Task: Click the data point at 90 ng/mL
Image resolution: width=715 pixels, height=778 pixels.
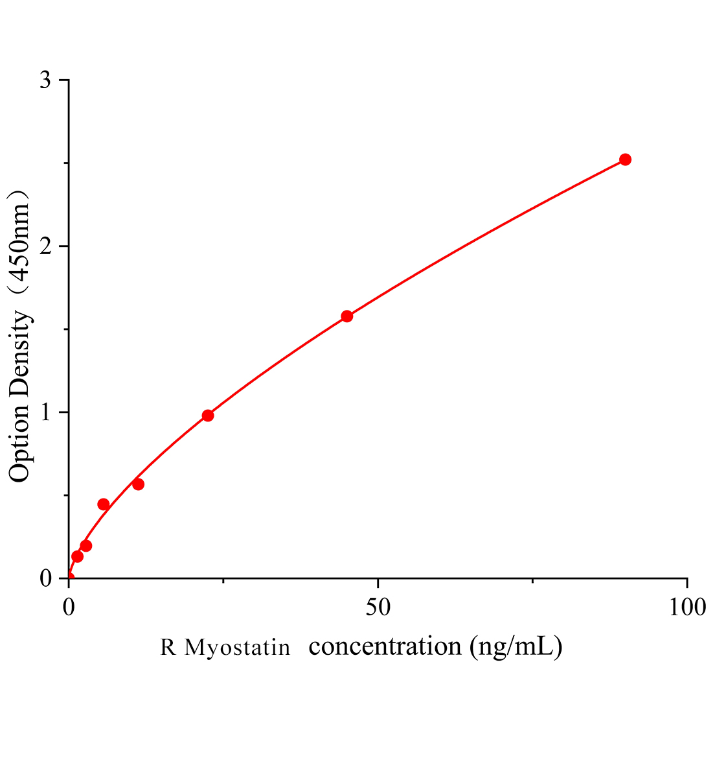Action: coord(625,159)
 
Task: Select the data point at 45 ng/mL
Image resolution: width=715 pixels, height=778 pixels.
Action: coord(346,316)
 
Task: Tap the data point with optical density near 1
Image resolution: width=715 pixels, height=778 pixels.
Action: coord(208,416)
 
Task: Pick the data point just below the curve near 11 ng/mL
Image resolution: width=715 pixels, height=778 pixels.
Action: coord(138,484)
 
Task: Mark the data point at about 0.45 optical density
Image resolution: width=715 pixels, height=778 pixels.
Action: coord(104,504)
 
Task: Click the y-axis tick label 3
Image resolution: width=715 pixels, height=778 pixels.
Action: coord(46,80)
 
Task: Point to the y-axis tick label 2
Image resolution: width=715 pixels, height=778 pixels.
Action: coord(46,246)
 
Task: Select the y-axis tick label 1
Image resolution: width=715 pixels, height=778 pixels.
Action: coord(46,412)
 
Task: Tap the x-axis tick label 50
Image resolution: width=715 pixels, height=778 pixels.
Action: coord(378,607)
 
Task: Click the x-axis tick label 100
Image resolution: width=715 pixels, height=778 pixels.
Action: coord(685,607)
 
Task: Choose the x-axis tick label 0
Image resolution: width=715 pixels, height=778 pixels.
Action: coord(69,607)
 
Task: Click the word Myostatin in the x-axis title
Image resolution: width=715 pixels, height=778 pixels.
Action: coord(237,648)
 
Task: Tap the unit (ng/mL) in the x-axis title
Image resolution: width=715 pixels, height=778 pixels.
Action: coord(517,646)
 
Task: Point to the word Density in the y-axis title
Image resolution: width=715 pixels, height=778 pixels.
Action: coord(20,350)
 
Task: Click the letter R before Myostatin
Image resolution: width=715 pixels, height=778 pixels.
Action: coord(168,648)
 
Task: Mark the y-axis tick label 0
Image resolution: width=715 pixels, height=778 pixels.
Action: coord(46,578)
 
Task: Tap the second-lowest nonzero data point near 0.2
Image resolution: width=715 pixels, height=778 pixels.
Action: coord(86,546)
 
